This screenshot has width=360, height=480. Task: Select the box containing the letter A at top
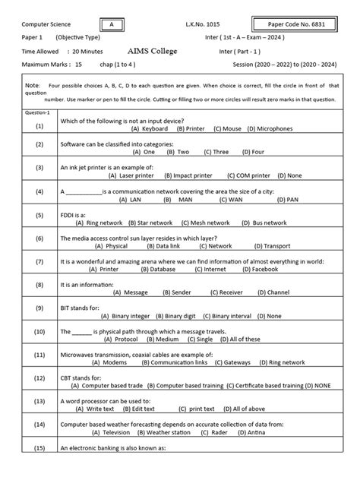click(x=112, y=25)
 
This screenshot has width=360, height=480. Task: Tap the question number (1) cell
click(x=18, y=125)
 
